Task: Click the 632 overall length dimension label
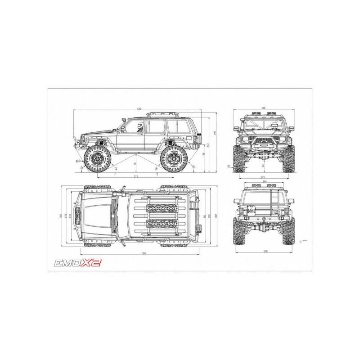[x=139, y=108]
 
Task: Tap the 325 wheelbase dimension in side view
[x=136, y=176]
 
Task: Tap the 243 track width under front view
[x=263, y=177]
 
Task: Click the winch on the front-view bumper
[x=263, y=145]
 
